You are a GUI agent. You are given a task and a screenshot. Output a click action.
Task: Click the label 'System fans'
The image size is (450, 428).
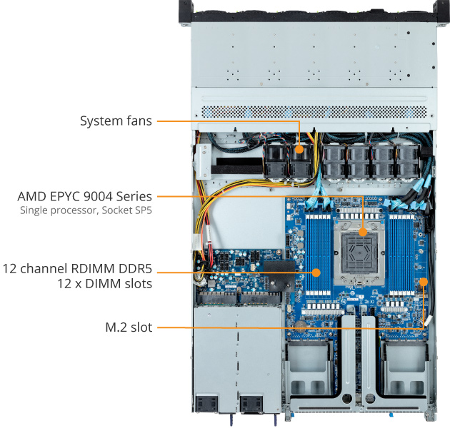tap(116, 121)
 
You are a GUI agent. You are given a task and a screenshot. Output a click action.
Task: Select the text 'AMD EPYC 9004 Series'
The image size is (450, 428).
tap(86, 195)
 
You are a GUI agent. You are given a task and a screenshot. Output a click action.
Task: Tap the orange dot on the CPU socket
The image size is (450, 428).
tap(363, 231)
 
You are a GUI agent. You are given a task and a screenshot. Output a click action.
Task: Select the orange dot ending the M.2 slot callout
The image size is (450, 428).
tap(424, 280)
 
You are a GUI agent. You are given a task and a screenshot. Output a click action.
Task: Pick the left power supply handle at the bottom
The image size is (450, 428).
tap(206, 404)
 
